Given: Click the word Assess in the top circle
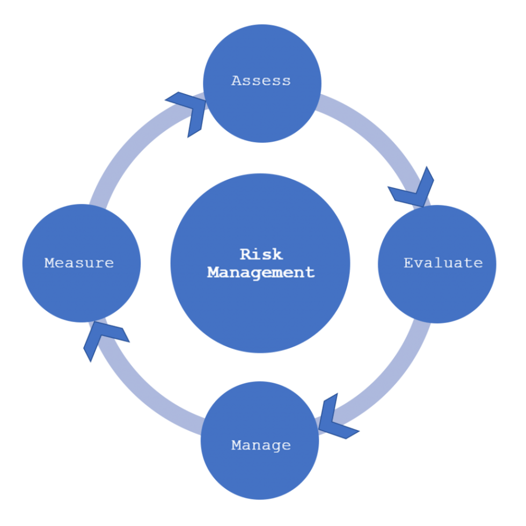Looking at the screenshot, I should click(261, 81).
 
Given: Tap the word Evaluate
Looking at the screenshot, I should click(443, 263).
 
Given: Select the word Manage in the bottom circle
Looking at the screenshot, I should click(261, 445).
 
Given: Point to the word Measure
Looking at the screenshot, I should click(79, 263).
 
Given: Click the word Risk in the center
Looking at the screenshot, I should click(261, 253).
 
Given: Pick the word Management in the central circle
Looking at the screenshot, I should click(261, 272).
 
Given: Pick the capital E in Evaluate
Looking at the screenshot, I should click(408, 263).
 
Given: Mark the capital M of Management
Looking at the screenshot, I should click(213, 272).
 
